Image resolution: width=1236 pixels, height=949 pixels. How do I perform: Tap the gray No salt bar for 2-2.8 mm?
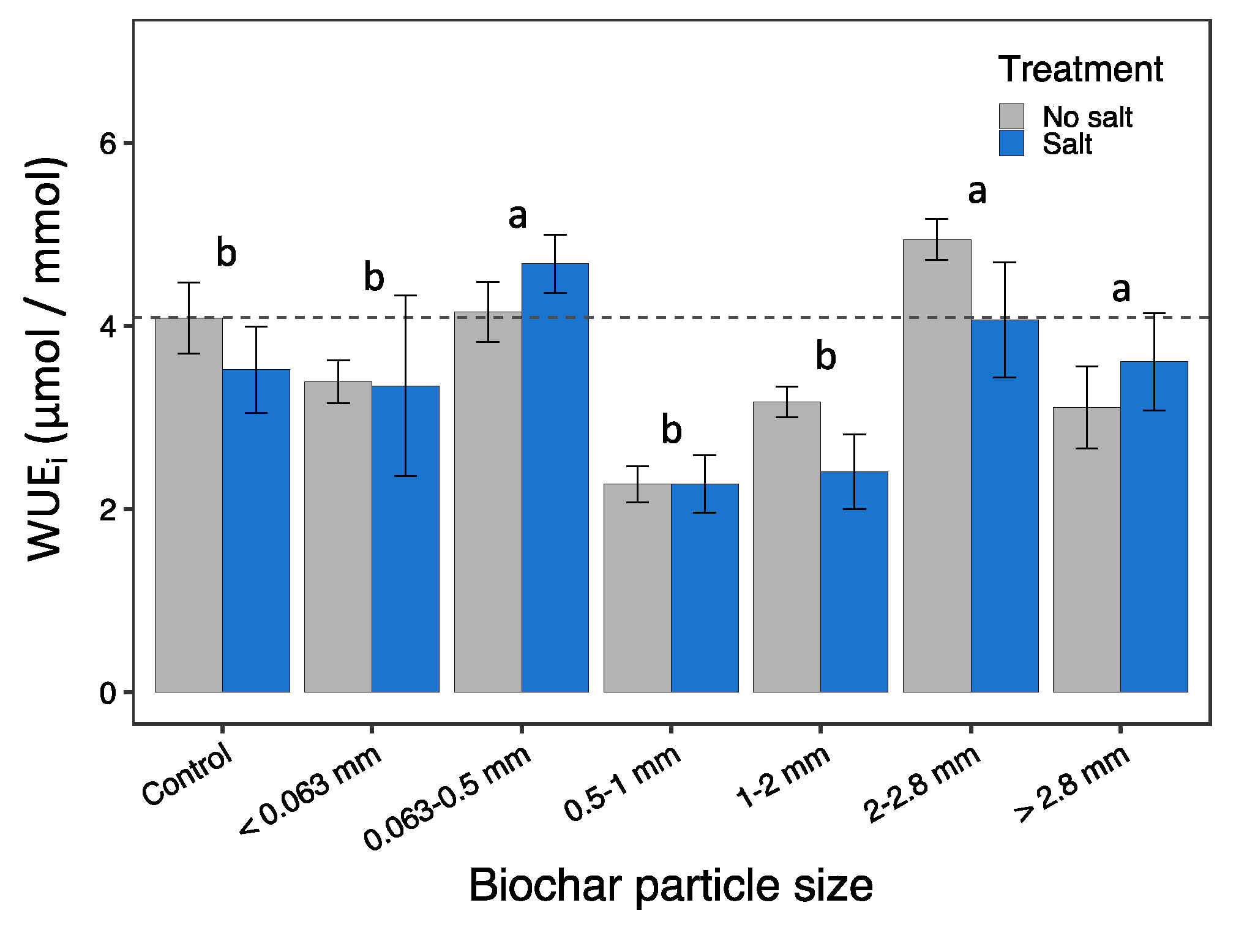point(937,465)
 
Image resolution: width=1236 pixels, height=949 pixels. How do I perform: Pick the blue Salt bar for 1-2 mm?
point(854,582)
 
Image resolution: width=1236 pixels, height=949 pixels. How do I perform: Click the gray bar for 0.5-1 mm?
point(637,588)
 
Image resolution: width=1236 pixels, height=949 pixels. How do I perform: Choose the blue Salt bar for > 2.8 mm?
point(1154,527)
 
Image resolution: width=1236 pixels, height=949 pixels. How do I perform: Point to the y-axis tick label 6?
point(108,144)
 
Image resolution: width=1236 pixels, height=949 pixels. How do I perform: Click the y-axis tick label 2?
point(108,510)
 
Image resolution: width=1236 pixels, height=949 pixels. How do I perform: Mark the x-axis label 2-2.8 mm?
point(922,784)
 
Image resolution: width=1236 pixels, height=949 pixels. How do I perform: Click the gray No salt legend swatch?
point(1011,116)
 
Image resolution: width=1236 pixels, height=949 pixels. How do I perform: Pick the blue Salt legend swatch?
point(1011,143)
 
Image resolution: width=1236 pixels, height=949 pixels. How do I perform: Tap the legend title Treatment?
point(1081,69)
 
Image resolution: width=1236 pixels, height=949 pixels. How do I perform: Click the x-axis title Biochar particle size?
point(671,885)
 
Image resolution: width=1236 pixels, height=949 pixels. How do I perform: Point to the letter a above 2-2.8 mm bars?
point(977,192)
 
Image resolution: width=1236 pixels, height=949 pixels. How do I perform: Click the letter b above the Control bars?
point(226,252)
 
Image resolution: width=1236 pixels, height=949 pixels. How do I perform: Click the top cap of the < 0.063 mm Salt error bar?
point(405,296)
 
